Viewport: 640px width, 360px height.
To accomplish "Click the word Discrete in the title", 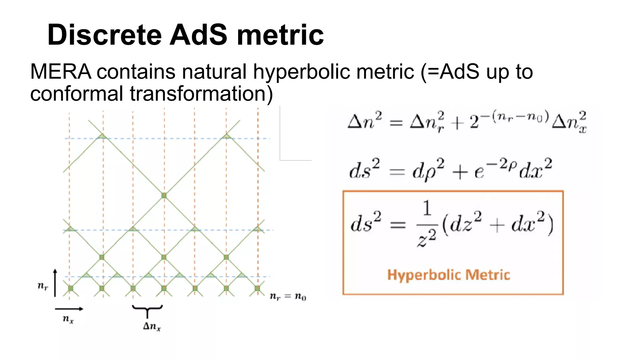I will pyautogui.click(x=104, y=35).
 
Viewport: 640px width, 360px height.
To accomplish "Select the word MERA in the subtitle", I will pyautogui.click(x=61, y=72).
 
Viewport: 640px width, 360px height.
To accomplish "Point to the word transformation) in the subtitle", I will pyautogui.click(x=201, y=94).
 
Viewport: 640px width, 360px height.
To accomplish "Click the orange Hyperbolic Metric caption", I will pyautogui.click(x=448, y=275).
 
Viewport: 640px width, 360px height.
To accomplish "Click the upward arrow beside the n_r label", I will pyautogui.click(x=55, y=283).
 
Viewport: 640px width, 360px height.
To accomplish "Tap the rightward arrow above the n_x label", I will pyautogui.click(x=69, y=309).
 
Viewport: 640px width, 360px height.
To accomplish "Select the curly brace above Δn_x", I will pyautogui.click(x=147, y=309).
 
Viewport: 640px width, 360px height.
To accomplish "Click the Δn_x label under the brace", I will pyautogui.click(x=152, y=327).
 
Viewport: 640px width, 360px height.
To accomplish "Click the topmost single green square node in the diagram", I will pyautogui.click(x=164, y=196).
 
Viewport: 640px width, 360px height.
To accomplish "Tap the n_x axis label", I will pyautogui.click(x=68, y=319).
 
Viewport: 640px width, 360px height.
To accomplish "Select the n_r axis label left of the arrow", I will pyautogui.click(x=43, y=286).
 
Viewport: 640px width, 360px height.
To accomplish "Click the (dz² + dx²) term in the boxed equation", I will pyautogui.click(x=497, y=224).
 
